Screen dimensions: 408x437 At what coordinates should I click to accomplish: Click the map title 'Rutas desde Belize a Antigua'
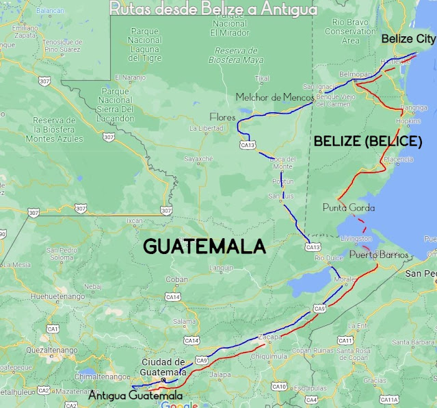point(213,9)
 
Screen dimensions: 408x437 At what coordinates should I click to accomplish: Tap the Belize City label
point(408,38)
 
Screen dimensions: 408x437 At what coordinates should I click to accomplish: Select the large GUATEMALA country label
point(204,246)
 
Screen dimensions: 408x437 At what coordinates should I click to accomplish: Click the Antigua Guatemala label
point(135,395)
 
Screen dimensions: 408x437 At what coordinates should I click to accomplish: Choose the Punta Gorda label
point(348,207)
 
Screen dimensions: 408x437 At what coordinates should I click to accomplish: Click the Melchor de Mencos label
point(274,97)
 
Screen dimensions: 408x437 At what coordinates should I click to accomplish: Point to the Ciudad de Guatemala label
point(163,366)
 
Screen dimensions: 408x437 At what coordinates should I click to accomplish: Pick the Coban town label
point(176,279)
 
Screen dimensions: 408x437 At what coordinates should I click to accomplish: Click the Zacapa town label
point(270,337)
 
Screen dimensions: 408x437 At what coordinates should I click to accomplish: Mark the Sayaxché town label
point(199,159)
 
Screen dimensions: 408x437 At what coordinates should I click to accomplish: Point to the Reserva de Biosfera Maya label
point(235,55)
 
